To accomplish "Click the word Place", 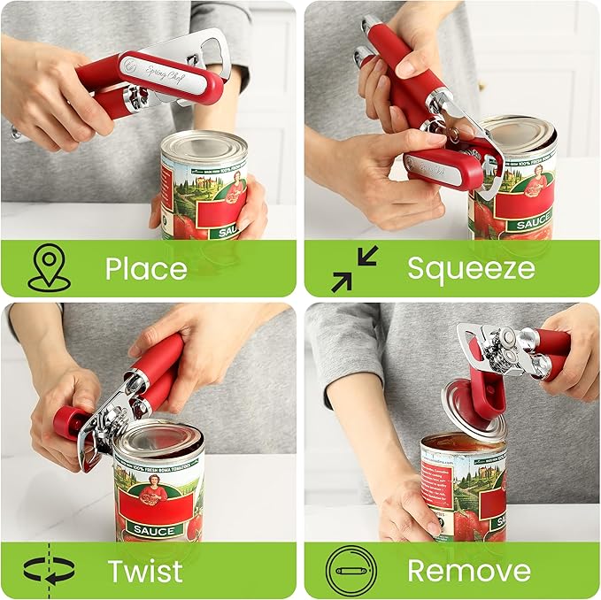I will [146, 268].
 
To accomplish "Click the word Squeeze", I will [471, 268].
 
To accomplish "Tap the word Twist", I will [145, 571].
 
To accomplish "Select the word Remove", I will [469, 571].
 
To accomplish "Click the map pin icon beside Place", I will [49, 268].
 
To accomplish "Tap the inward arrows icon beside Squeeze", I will [354, 268].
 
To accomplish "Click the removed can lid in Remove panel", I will [474, 412].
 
